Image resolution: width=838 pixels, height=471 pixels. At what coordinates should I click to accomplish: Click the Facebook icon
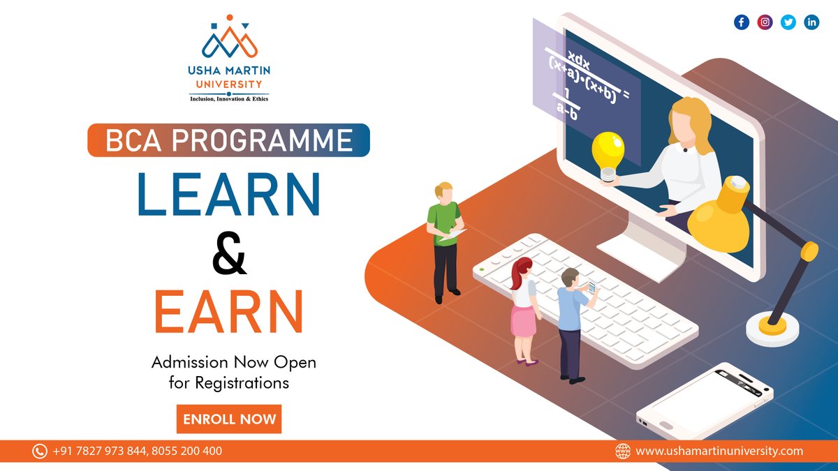pyautogui.click(x=742, y=22)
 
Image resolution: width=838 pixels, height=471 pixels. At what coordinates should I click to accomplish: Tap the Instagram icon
pyautogui.click(x=765, y=22)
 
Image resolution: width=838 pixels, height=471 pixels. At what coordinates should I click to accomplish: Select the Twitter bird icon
pyautogui.click(x=788, y=22)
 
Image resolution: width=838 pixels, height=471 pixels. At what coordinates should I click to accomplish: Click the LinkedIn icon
pyautogui.click(x=811, y=22)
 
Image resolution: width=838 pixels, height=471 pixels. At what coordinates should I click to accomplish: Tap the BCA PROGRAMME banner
pyautogui.click(x=228, y=140)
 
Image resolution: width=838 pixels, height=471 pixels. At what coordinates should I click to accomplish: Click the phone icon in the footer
pyautogui.click(x=40, y=451)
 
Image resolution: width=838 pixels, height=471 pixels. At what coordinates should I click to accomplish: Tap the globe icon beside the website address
pyautogui.click(x=622, y=451)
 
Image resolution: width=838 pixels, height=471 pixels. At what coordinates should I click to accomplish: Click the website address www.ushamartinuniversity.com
pyautogui.click(x=719, y=451)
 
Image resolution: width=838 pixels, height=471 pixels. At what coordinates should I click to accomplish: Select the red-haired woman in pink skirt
pyautogui.click(x=523, y=307)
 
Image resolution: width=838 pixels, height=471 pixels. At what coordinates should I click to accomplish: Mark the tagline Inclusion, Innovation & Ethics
pyautogui.click(x=229, y=99)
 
